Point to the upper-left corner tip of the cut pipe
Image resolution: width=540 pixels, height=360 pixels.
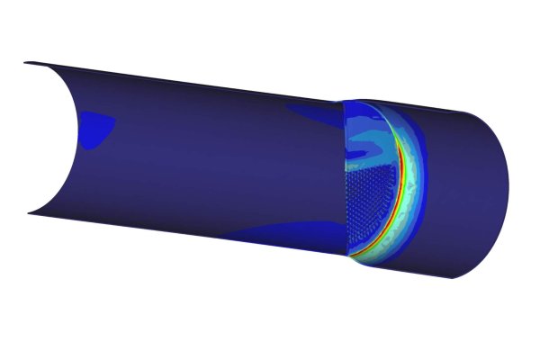click(x=26, y=63)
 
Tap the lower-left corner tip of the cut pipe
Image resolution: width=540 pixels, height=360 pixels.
click(x=29, y=213)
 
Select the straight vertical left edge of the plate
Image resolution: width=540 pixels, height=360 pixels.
click(x=346, y=180)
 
